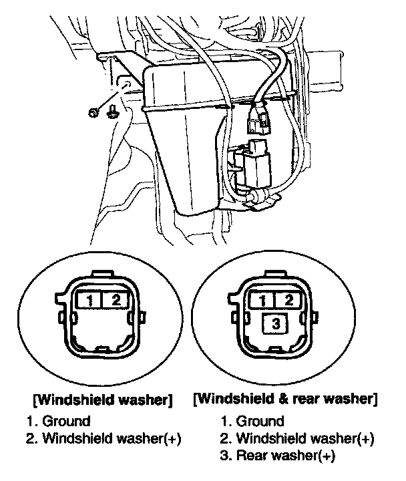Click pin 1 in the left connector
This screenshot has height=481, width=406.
click(x=89, y=300)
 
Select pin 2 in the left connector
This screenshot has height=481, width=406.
click(x=116, y=300)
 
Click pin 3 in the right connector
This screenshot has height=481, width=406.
click(x=276, y=324)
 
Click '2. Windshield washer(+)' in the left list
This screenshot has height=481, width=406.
click(x=105, y=439)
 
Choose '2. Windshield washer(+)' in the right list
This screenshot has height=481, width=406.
click(x=297, y=439)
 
